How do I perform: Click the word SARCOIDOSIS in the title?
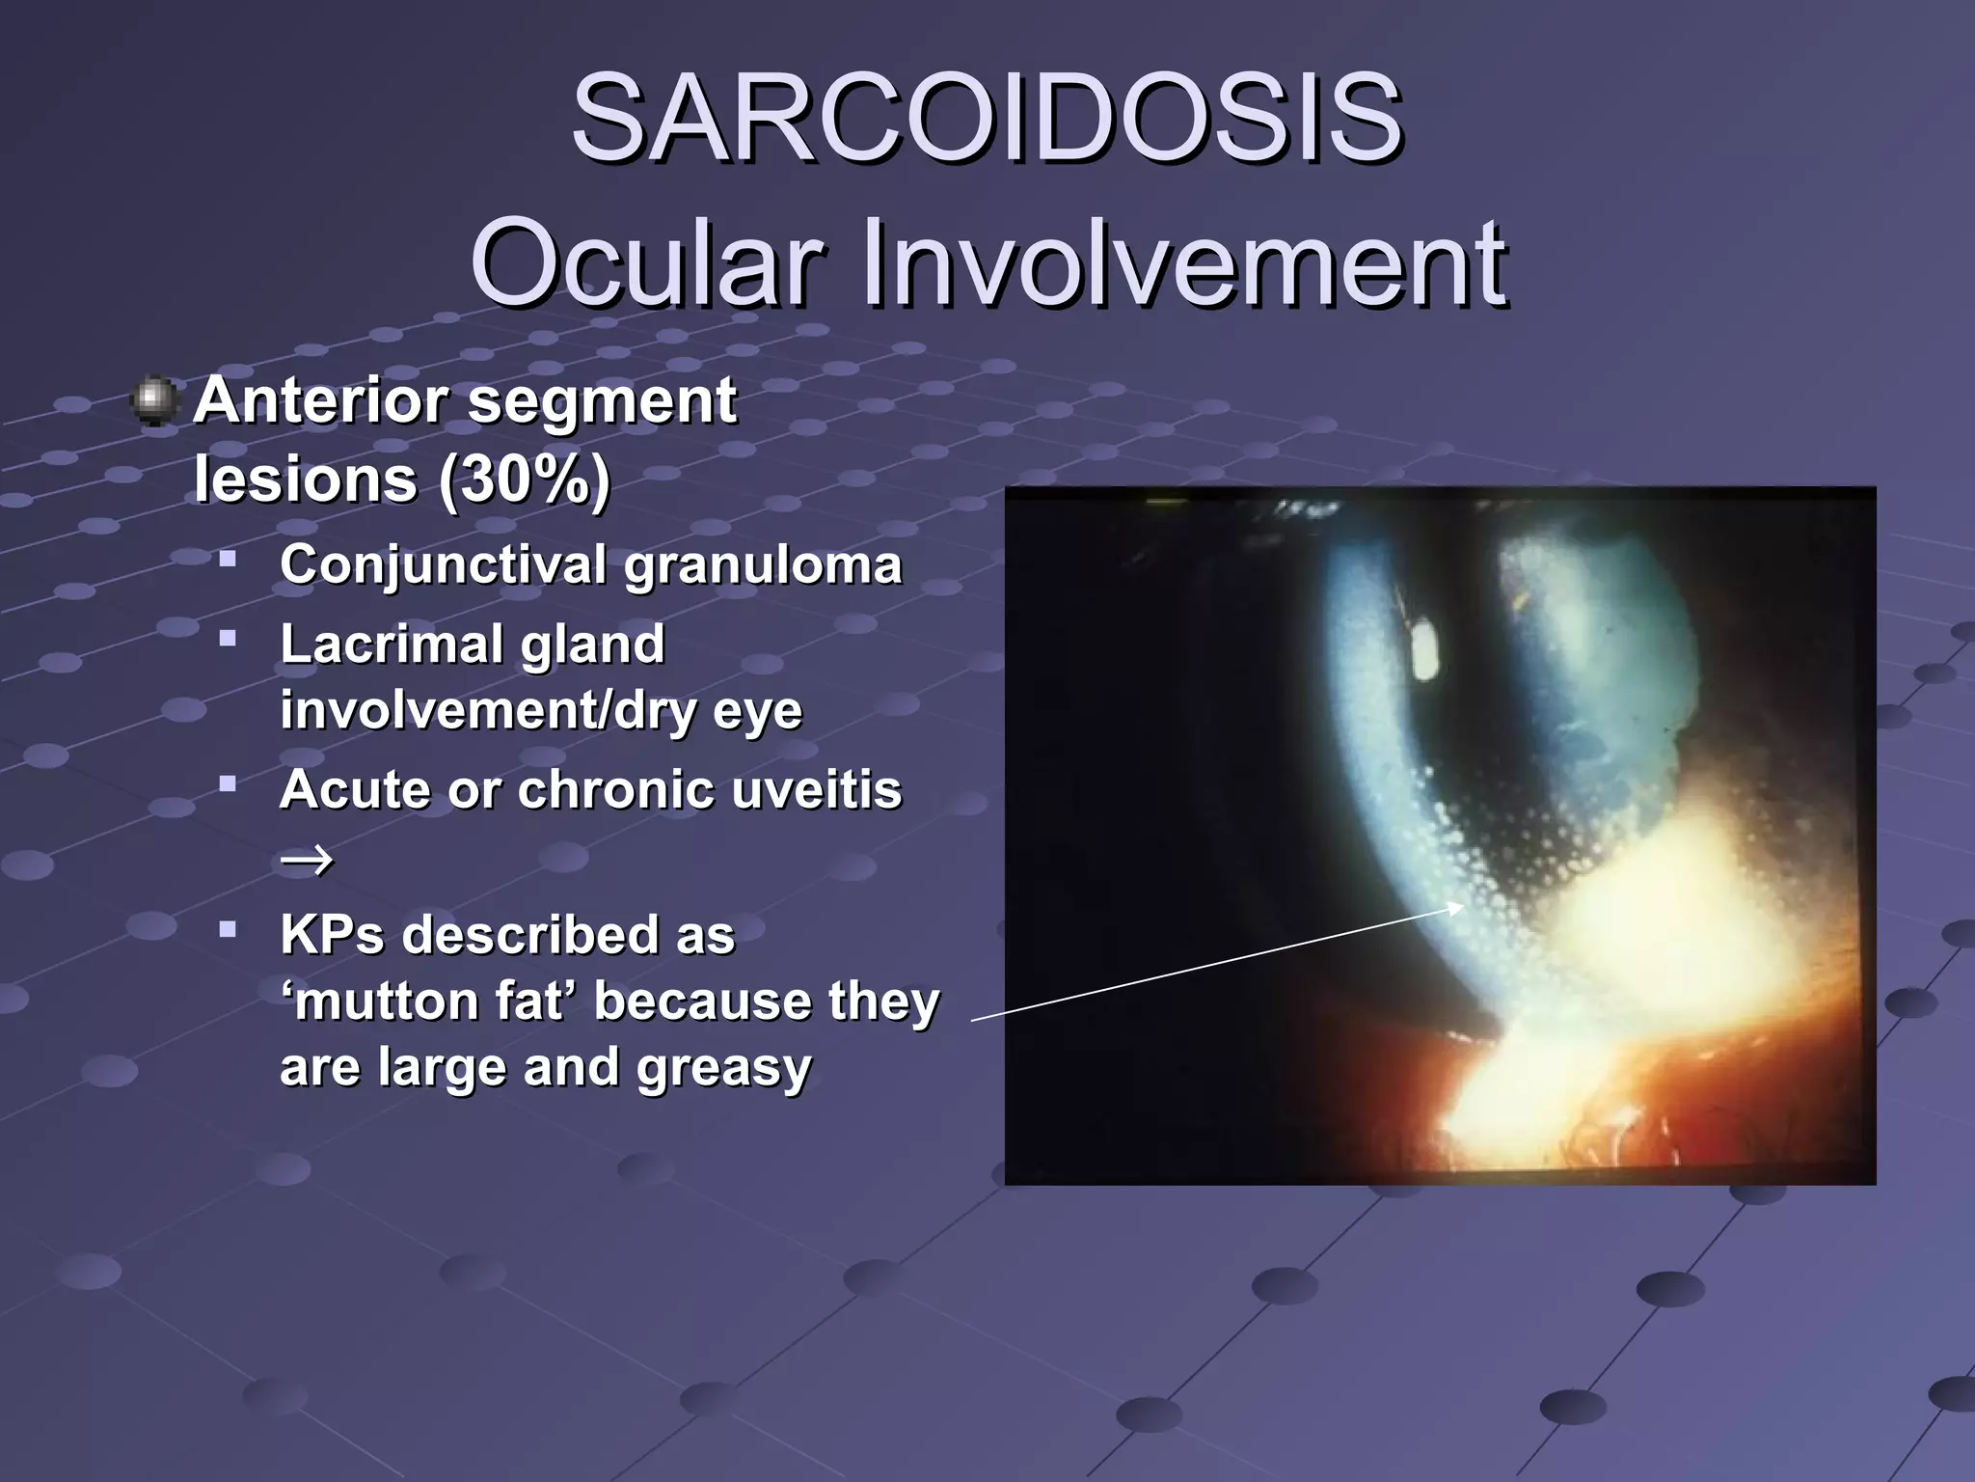987,120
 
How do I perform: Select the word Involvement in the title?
1183,262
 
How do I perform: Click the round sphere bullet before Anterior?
153,401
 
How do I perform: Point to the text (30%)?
524,479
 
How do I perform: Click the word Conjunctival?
445,564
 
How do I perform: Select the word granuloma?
762,564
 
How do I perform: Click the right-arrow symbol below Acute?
306,858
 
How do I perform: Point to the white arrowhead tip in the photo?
1460,906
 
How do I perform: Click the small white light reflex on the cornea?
1423,652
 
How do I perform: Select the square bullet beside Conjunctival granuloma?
228,559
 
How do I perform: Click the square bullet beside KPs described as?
228,930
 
